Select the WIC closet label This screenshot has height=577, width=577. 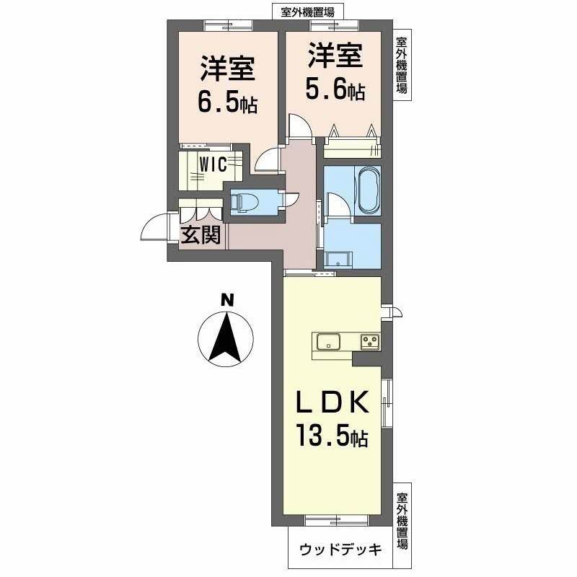tap(213, 164)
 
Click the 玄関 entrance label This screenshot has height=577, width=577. tap(200, 235)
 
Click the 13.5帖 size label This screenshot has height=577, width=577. tap(332, 435)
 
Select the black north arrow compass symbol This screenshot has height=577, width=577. tap(226, 339)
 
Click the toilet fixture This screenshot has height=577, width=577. tap(241, 203)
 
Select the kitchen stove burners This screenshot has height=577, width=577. tap(370, 340)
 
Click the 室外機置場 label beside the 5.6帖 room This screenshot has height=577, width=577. tap(402, 66)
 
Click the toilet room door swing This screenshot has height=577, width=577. tap(290, 198)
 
